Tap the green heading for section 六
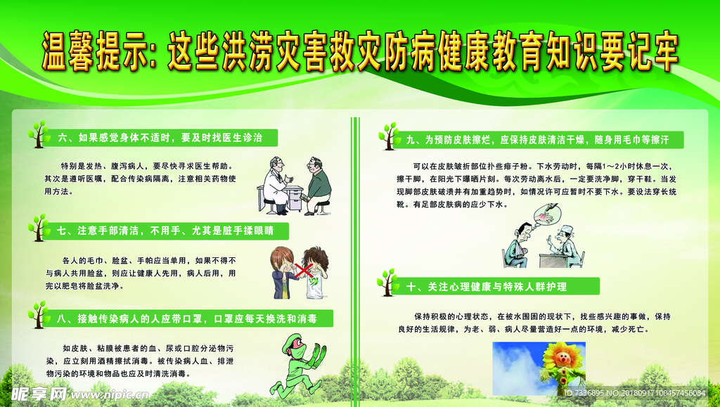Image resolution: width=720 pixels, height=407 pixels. tap(160, 138)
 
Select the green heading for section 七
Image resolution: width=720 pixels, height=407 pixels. tap(165, 230)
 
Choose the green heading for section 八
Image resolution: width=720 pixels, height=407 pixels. tap(186, 318)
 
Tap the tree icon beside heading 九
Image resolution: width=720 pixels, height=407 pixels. tap(388, 136)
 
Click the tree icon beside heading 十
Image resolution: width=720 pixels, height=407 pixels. tap(387, 282)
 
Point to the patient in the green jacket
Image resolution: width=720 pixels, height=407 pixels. tap(318, 184)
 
